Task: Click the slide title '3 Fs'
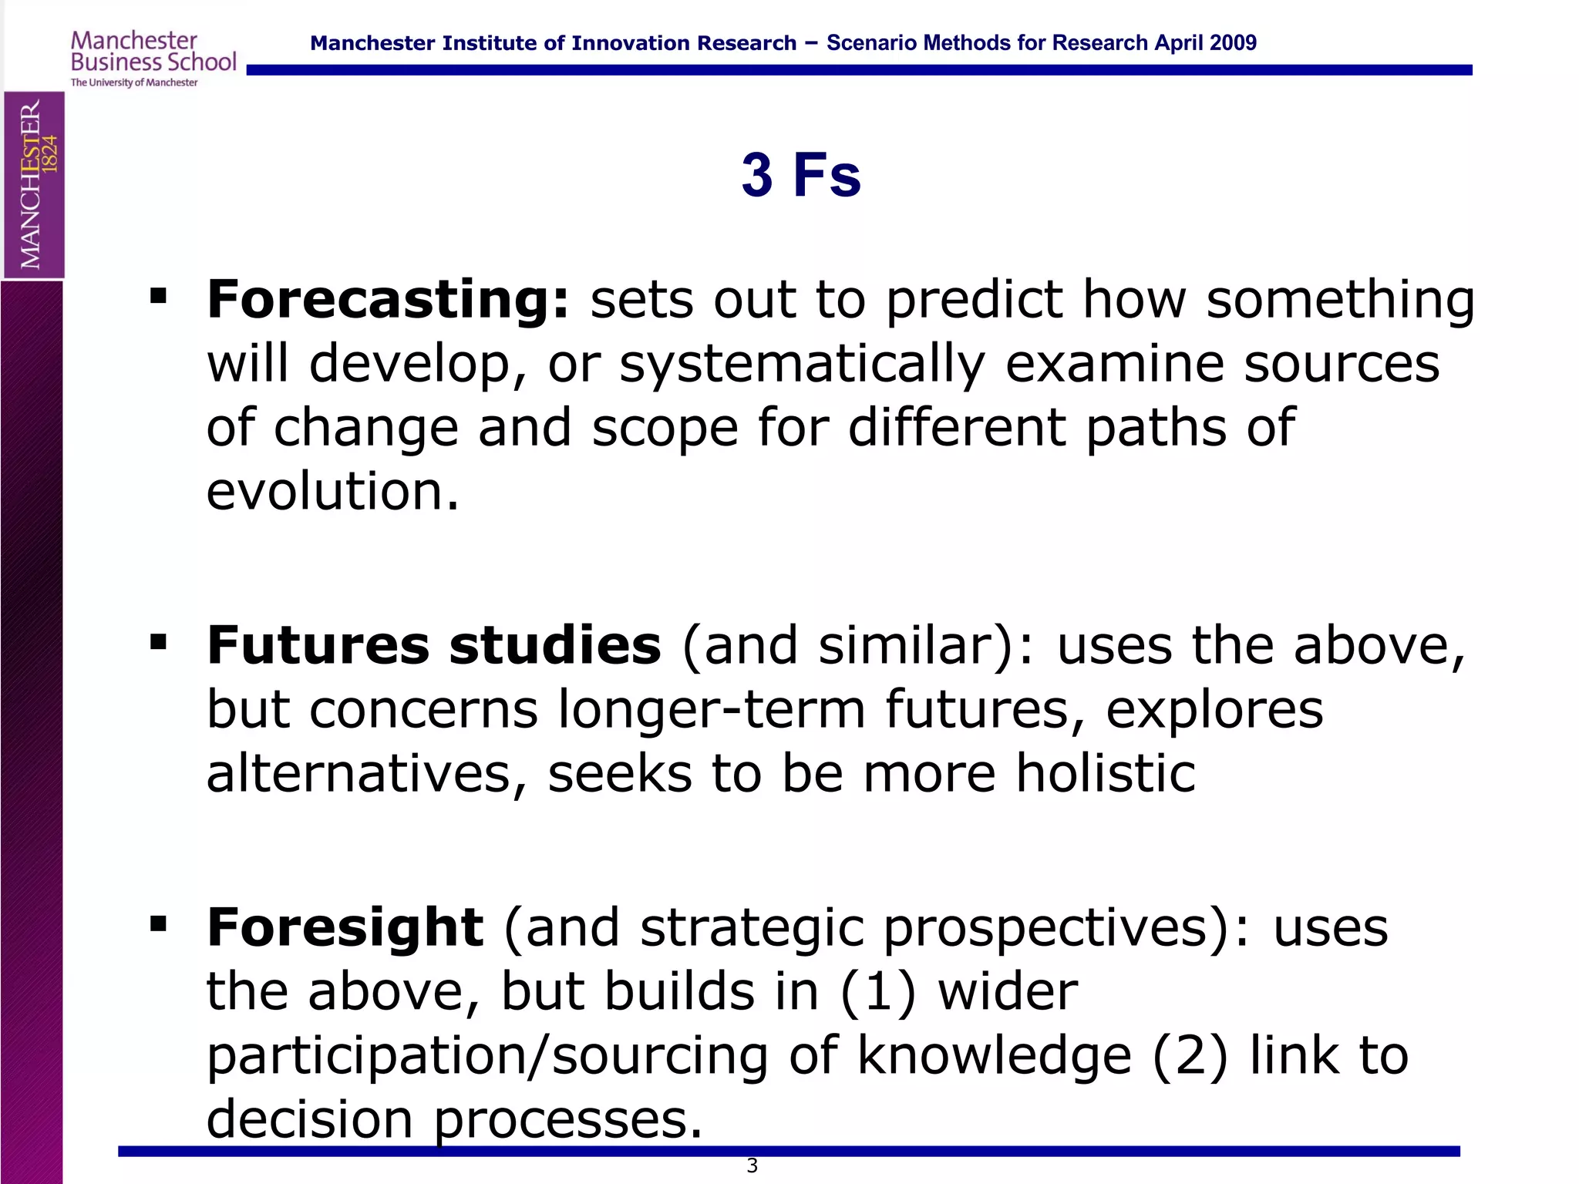click(800, 175)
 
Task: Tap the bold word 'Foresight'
click(345, 927)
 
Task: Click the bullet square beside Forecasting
click(159, 297)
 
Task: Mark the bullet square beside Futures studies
click(159, 642)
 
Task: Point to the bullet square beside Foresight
click(159, 923)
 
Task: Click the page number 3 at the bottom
click(752, 1165)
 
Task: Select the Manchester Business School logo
click(153, 59)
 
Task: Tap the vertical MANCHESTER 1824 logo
click(34, 185)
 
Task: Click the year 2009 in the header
click(1233, 43)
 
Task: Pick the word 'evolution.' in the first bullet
click(332, 491)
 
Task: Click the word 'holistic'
click(1105, 773)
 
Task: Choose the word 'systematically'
click(802, 364)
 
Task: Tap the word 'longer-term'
click(712, 709)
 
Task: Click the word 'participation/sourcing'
click(487, 1055)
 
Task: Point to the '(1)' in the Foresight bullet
click(878, 991)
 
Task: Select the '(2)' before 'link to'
click(1190, 1055)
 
